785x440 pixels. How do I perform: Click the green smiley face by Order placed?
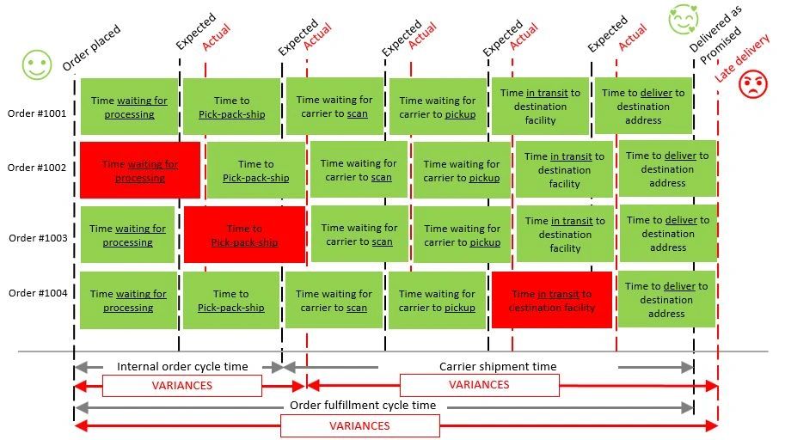pos(37,64)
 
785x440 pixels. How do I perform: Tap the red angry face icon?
pos(753,84)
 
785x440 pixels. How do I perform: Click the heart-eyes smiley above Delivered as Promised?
pos(684,20)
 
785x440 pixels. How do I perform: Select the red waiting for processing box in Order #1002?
pos(140,170)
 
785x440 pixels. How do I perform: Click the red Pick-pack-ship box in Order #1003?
pos(244,235)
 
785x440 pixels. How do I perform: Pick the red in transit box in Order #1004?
pos(551,300)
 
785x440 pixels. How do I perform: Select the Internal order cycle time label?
pos(181,367)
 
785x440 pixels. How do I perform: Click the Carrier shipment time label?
pos(498,367)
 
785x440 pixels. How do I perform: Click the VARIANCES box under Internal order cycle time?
pos(181,386)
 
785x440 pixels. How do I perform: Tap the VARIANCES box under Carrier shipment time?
pos(479,385)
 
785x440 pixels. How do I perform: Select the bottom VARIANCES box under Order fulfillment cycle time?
pos(360,426)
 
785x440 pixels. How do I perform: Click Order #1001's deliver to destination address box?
pos(643,106)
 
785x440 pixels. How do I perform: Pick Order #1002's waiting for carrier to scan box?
pos(359,170)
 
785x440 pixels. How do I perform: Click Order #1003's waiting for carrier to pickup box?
pos(462,235)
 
